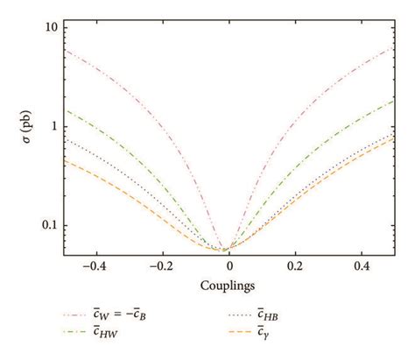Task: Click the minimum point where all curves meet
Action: (226, 251)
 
